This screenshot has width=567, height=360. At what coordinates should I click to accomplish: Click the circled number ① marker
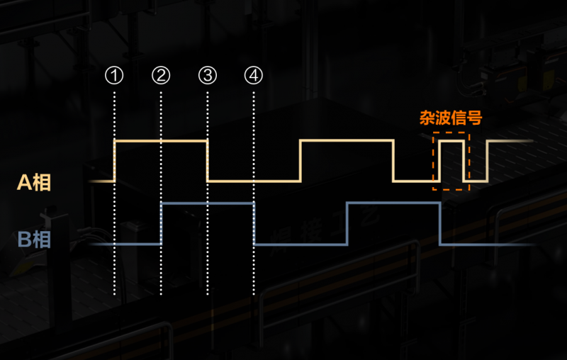tap(114, 76)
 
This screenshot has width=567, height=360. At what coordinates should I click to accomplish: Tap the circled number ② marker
tap(161, 76)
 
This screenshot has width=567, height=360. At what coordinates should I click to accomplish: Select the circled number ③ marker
tap(208, 76)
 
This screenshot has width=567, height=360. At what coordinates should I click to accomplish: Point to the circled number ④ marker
tap(254, 76)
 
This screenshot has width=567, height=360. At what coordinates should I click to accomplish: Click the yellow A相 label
tap(34, 182)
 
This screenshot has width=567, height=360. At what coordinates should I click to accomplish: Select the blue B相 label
tap(34, 240)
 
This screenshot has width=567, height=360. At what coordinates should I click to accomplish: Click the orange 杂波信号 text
tap(451, 118)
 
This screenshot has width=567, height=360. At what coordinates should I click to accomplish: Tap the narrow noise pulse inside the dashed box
tap(451, 161)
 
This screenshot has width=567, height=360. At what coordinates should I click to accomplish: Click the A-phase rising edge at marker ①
tap(114, 161)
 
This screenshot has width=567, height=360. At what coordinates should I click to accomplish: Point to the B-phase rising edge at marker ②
tap(162, 224)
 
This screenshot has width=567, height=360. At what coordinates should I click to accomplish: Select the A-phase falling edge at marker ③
tap(208, 161)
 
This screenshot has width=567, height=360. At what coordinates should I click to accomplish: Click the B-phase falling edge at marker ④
tap(254, 224)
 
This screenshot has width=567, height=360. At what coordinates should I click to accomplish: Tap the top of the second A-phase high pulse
tap(347, 140)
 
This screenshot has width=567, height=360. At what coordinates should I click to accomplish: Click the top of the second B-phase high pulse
tap(393, 203)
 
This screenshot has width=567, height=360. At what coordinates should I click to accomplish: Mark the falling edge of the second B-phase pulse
tap(440, 224)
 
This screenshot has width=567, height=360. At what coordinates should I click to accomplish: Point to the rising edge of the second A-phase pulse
tap(301, 161)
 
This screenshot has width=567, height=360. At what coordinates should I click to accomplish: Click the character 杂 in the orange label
tap(427, 118)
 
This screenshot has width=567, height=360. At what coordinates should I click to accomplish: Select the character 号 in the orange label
tap(474, 118)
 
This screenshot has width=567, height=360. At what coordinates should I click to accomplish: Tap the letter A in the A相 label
tap(24, 183)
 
